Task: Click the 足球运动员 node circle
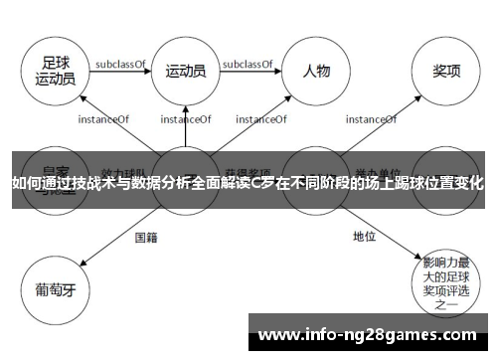(x=55, y=70)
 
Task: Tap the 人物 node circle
(x=316, y=71)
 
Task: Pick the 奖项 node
(x=445, y=71)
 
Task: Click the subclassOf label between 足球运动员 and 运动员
(x=120, y=64)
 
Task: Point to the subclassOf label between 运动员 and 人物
(x=248, y=64)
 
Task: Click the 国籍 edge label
(x=146, y=237)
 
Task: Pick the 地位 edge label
(x=364, y=237)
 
